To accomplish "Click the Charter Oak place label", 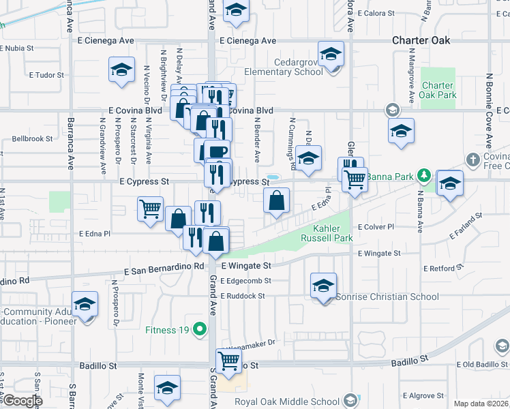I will pos(421,40).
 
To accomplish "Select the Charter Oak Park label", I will pos(438,90).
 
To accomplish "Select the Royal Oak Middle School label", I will pos(289,401).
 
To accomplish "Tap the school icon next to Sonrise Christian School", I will pos(323,286).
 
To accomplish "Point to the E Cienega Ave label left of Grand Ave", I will pos(106,40).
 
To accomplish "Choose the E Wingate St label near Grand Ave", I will pos(246,265).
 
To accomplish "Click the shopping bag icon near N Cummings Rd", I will pos(276,201).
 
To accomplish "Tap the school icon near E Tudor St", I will pos(121,70).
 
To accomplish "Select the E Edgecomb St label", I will pos(245,281).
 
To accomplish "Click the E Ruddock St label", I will pos(243,297).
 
